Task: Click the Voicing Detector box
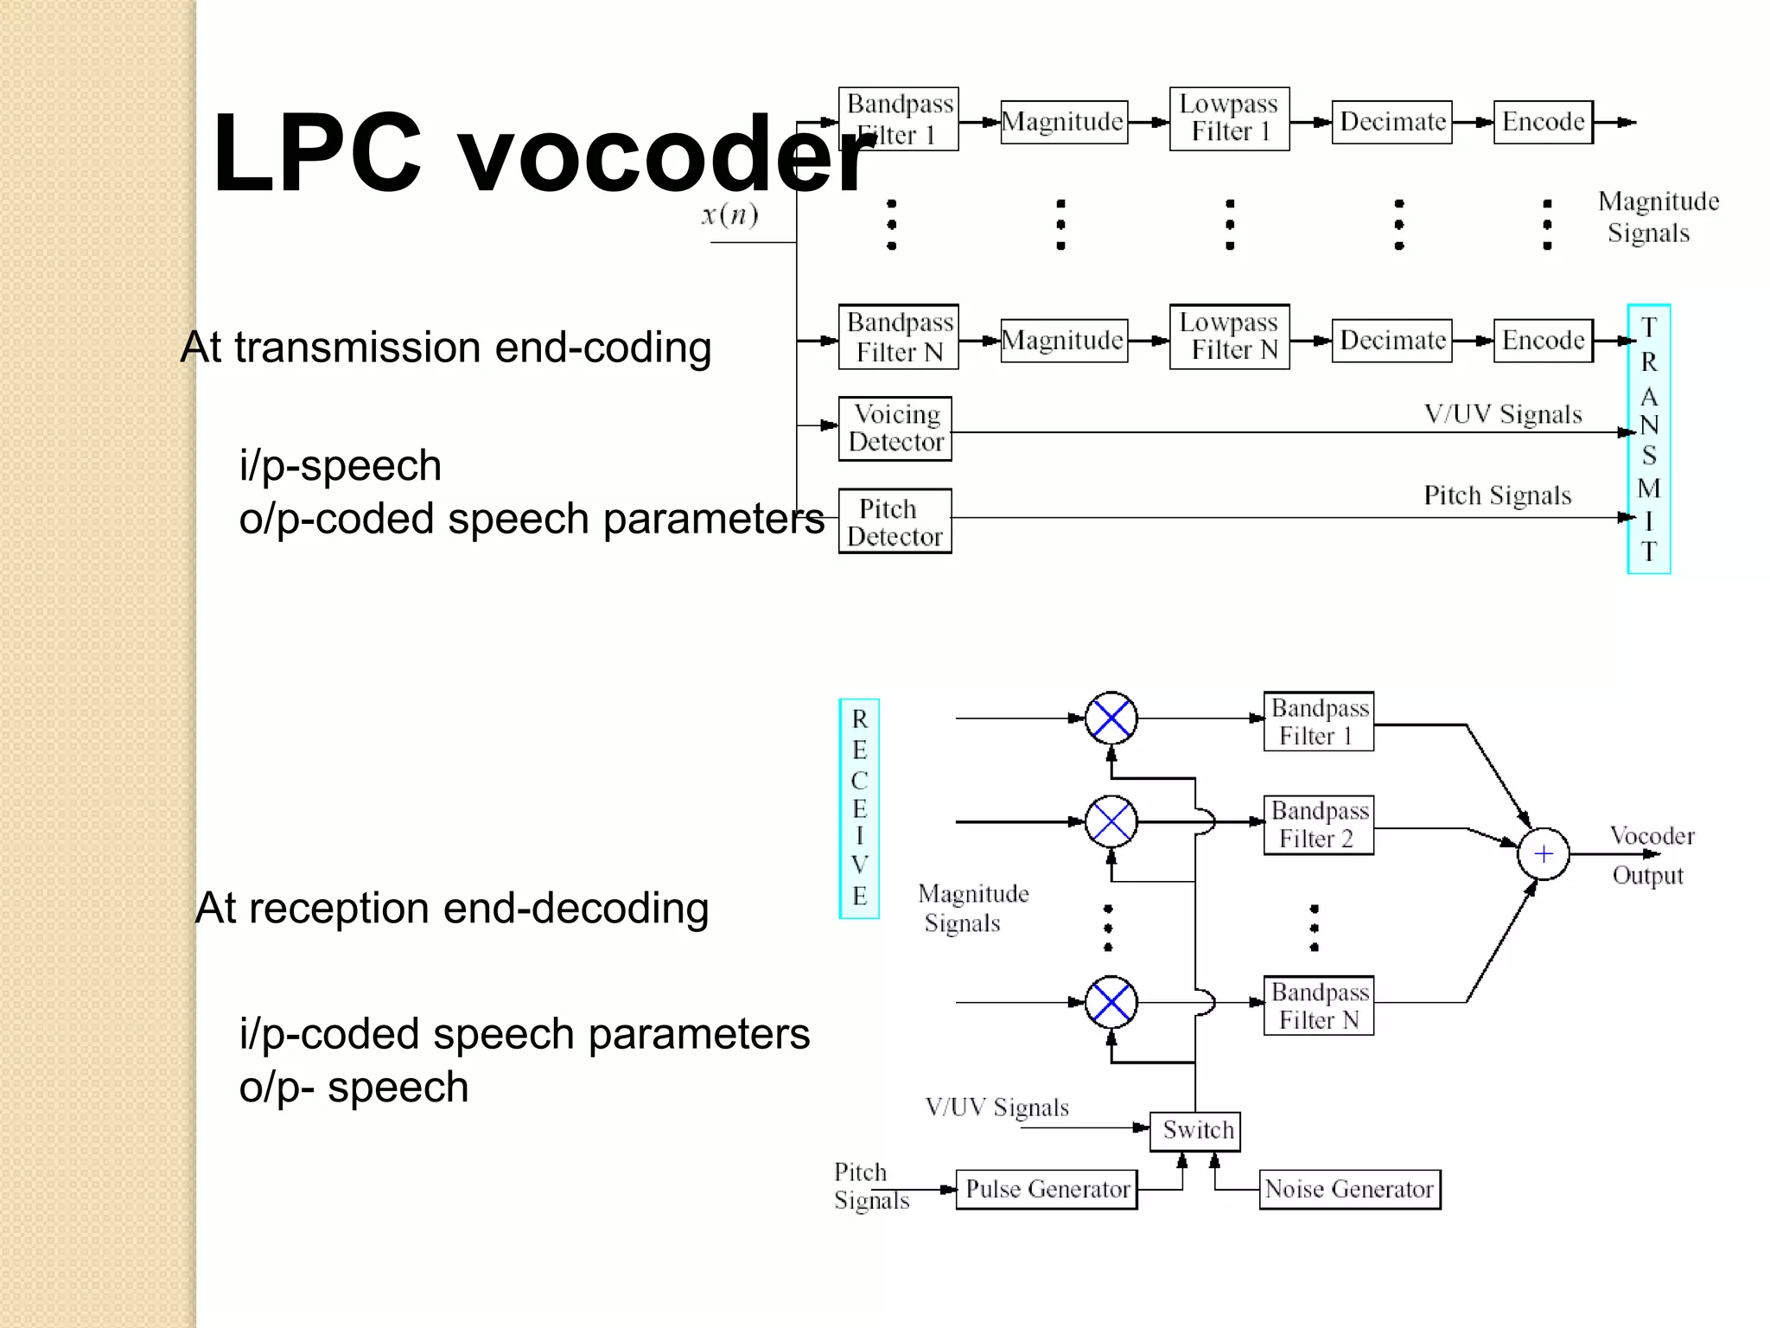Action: (895, 429)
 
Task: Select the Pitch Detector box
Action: (895, 521)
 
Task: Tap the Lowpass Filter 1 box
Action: (1229, 118)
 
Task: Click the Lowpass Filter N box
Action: (1229, 337)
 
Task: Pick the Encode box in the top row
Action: (1543, 122)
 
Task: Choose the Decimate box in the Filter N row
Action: (1391, 341)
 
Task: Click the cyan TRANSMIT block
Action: (1648, 439)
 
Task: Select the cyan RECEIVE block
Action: (859, 808)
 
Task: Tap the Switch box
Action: (1195, 1131)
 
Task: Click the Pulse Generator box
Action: (1047, 1190)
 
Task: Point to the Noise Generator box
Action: (1349, 1190)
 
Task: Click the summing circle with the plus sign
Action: (1544, 854)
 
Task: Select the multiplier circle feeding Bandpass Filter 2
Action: (1111, 821)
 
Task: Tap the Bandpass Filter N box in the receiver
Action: (1319, 1006)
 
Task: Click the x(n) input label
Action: (730, 214)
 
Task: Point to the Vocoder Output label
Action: (1651, 855)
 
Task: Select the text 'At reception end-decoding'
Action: (452, 909)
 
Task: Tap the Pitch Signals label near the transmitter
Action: (1497, 495)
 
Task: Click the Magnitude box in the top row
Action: (1064, 122)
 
